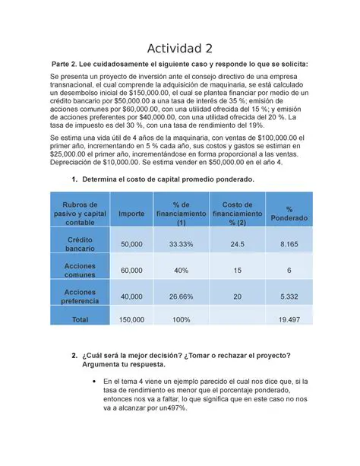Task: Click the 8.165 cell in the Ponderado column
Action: (289, 244)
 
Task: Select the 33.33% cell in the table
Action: (181, 244)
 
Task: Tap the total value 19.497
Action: (289, 321)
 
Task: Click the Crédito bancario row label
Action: (80, 244)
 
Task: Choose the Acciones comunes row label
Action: (80, 270)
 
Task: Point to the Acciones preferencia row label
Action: (80, 296)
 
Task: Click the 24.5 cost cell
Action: (237, 244)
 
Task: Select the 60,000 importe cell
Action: (131, 271)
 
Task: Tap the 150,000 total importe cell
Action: (131, 321)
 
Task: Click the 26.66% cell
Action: (181, 296)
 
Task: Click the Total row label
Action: (80, 321)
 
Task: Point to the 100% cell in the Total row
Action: (181, 321)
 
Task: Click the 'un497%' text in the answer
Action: (170, 407)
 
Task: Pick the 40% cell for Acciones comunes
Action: (181, 271)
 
